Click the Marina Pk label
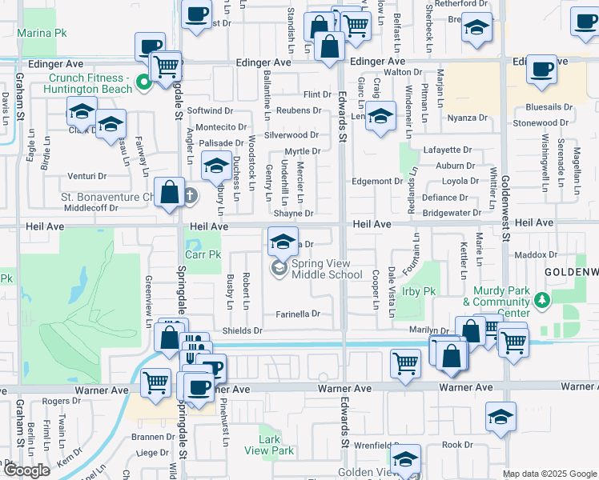[x=45, y=33]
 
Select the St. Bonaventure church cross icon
[x=191, y=195]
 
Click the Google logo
[x=26, y=470]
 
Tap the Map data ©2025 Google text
[x=549, y=474]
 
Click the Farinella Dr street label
[x=299, y=314]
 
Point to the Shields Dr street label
[x=243, y=330]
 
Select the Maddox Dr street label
[x=536, y=255]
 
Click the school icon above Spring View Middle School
[x=282, y=240]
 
